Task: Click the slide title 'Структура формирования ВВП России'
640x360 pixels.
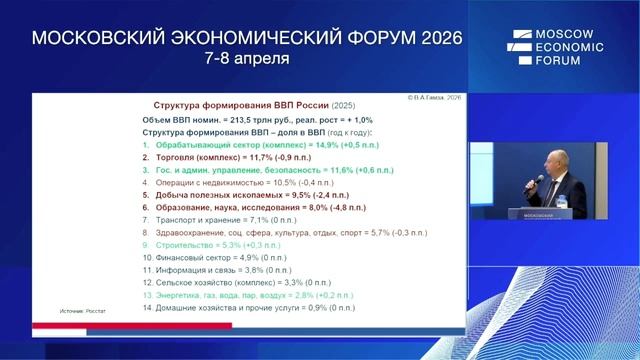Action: point(246,104)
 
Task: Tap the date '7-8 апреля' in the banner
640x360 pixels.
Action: point(246,59)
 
